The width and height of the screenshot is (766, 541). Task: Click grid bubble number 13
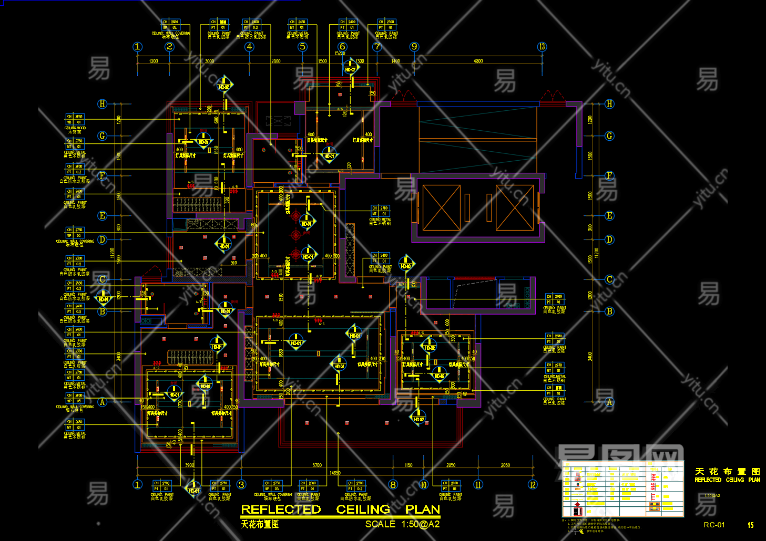point(542,47)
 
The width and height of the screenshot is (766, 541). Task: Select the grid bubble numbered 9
point(414,47)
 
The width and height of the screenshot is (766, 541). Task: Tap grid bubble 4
point(249,47)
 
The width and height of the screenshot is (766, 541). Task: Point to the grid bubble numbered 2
point(169,47)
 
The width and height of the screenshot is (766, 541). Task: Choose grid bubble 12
point(533,484)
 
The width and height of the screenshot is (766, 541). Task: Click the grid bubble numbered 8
point(393,484)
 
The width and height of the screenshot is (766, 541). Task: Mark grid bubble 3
point(241,484)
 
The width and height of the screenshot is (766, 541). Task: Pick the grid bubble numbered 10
point(424,484)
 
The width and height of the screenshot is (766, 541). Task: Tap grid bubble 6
point(342,47)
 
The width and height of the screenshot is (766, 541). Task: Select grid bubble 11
point(478,484)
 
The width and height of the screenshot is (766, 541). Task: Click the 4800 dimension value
point(478,61)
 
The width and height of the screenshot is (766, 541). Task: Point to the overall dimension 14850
point(335,473)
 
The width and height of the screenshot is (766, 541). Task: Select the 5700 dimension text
point(317,465)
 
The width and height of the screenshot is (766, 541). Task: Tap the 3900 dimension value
point(189,465)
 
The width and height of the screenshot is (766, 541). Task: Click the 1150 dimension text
point(408,465)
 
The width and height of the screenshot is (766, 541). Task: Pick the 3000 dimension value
point(209,61)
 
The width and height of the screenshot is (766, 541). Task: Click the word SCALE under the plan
point(380,524)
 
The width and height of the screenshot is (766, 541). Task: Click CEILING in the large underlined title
point(363,509)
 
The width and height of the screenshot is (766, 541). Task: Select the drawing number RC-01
point(714,525)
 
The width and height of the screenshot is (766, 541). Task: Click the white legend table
point(622,489)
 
